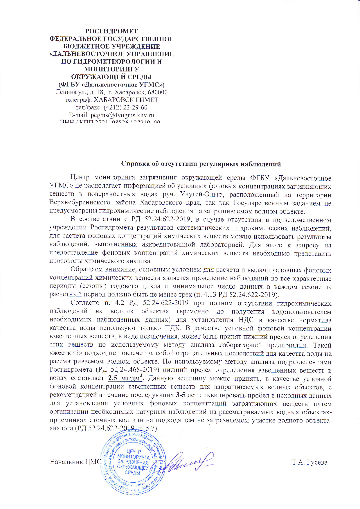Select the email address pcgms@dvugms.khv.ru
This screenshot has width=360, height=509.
tap(122, 115)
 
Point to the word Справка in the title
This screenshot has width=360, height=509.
tap(134, 164)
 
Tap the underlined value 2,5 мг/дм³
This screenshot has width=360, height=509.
tap(126, 378)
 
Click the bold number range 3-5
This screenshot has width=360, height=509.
tap(181, 395)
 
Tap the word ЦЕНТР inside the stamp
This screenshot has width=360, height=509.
tap(134, 452)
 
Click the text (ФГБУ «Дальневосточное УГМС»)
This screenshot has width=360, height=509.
tap(111, 85)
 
